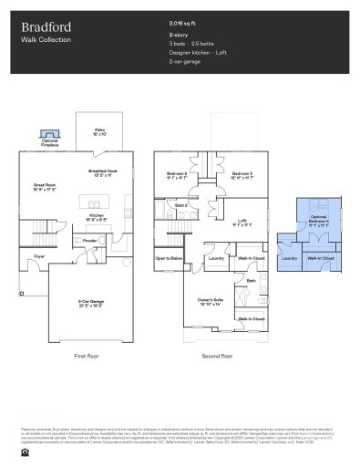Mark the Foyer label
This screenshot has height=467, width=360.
click(40, 256)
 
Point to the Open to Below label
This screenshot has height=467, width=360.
click(170, 258)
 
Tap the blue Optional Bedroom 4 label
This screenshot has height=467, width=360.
click(318, 222)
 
